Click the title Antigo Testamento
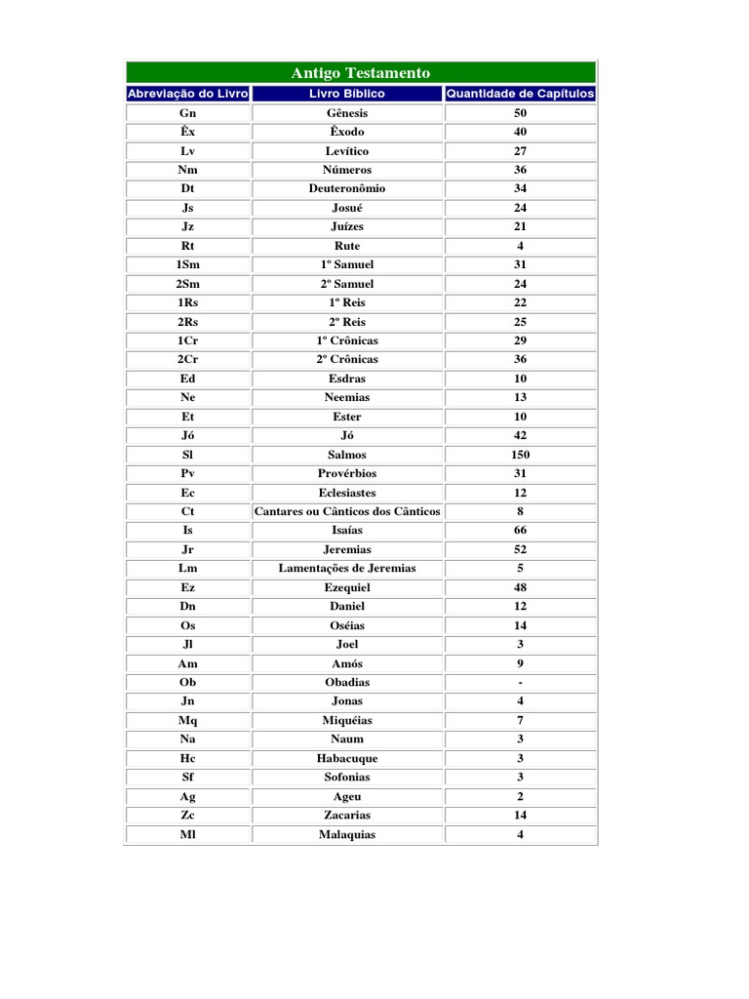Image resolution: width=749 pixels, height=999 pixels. (360, 73)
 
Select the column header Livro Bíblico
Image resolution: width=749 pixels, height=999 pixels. (347, 94)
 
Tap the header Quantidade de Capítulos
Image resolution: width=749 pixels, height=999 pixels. (520, 94)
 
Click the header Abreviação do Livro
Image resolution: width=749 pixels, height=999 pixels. (188, 94)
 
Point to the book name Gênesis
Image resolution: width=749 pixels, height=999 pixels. (347, 113)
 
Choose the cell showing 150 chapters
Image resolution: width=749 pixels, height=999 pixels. (520, 455)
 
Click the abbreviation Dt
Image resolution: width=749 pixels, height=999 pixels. (188, 188)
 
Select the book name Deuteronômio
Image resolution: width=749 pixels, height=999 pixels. (347, 188)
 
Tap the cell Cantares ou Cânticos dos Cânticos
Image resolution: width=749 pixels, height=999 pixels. (347, 511)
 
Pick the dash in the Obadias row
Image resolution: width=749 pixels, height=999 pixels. (521, 682)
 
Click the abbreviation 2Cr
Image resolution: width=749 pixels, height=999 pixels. (188, 359)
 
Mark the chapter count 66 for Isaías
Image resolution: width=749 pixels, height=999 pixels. (520, 530)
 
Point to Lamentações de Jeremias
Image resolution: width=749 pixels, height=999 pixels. (347, 568)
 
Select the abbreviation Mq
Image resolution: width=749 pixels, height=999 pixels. (188, 720)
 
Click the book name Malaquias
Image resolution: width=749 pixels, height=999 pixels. (347, 834)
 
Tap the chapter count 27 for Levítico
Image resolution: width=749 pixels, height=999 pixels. (520, 151)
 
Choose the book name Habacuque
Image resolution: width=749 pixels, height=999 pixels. (347, 758)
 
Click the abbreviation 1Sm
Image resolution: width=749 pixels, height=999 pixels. (188, 264)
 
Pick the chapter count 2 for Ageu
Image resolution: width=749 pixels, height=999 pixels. (520, 796)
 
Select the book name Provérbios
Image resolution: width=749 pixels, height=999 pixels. (347, 473)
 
